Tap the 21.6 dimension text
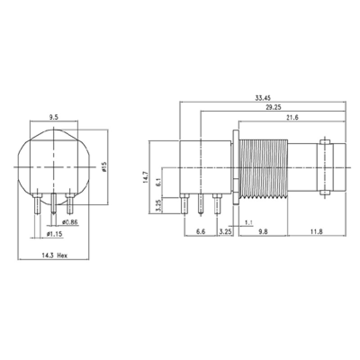pos(292,117)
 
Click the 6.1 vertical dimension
pos(158,183)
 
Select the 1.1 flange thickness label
pos(248,222)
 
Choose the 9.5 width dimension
pos(54,117)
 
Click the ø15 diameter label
pos(103,167)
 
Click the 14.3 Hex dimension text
pos(54,255)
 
